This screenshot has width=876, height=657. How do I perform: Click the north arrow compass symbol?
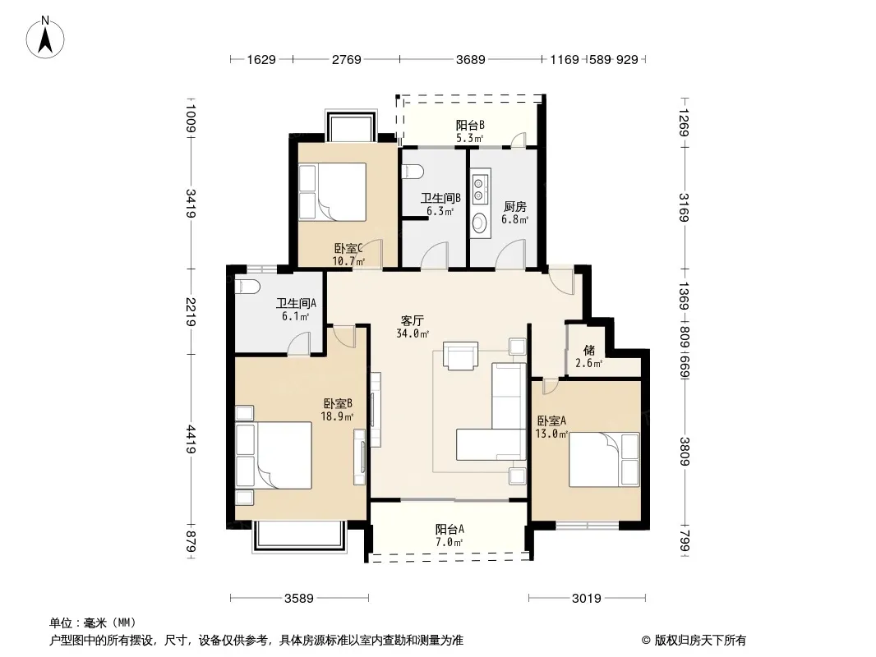coord(45,38)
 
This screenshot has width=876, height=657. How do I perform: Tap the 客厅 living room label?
coord(413,320)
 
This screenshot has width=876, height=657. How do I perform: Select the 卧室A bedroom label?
coord(551,420)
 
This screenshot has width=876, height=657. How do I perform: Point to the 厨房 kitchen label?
coord(514,207)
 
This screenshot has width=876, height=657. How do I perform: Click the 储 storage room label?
coord(589,351)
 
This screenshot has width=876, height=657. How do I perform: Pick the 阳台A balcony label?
coord(450,529)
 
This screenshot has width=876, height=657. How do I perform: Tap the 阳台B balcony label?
coord(470,125)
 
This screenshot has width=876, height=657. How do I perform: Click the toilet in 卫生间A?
coord(247,287)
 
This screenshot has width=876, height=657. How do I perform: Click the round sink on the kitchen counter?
coord(479,223)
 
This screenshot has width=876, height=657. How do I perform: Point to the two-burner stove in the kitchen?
coord(479,188)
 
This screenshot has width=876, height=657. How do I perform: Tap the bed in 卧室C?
coord(333,191)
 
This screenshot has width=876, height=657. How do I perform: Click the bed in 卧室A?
coord(604,459)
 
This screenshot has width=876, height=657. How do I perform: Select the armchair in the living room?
coord(461,356)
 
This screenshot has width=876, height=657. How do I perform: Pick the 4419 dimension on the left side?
coord(191,439)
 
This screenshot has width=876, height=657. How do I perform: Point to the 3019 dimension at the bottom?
coord(587,599)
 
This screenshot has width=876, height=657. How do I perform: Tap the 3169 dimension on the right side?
coord(685,207)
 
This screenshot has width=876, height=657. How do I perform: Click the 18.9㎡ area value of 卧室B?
coord(337,416)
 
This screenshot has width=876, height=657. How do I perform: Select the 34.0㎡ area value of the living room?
coord(413,333)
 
